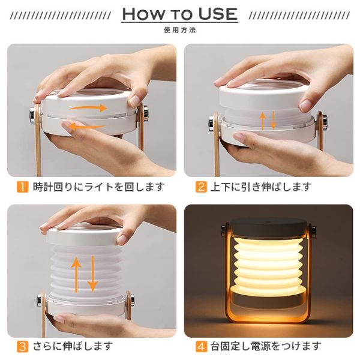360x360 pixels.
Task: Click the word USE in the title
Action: [218, 14]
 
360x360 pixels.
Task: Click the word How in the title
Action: [143, 14]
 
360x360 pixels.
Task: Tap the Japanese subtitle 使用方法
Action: [180, 30]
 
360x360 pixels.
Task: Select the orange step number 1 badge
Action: [23, 187]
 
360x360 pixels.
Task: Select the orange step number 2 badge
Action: [201, 187]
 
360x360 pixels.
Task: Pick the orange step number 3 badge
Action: [23, 346]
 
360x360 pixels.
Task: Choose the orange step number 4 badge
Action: [201, 346]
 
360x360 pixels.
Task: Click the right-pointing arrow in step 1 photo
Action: [88, 107]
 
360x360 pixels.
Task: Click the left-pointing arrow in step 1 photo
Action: [87, 127]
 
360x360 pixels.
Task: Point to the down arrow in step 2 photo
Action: [273, 121]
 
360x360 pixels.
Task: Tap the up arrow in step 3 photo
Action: [76, 274]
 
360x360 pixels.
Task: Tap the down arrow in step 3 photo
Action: [92, 274]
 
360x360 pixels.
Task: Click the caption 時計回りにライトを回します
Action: [99, 187]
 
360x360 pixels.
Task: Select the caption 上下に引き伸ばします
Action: [261, 187]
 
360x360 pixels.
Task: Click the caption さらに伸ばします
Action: [73, 346]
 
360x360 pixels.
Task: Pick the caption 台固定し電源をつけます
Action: [266, 346]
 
